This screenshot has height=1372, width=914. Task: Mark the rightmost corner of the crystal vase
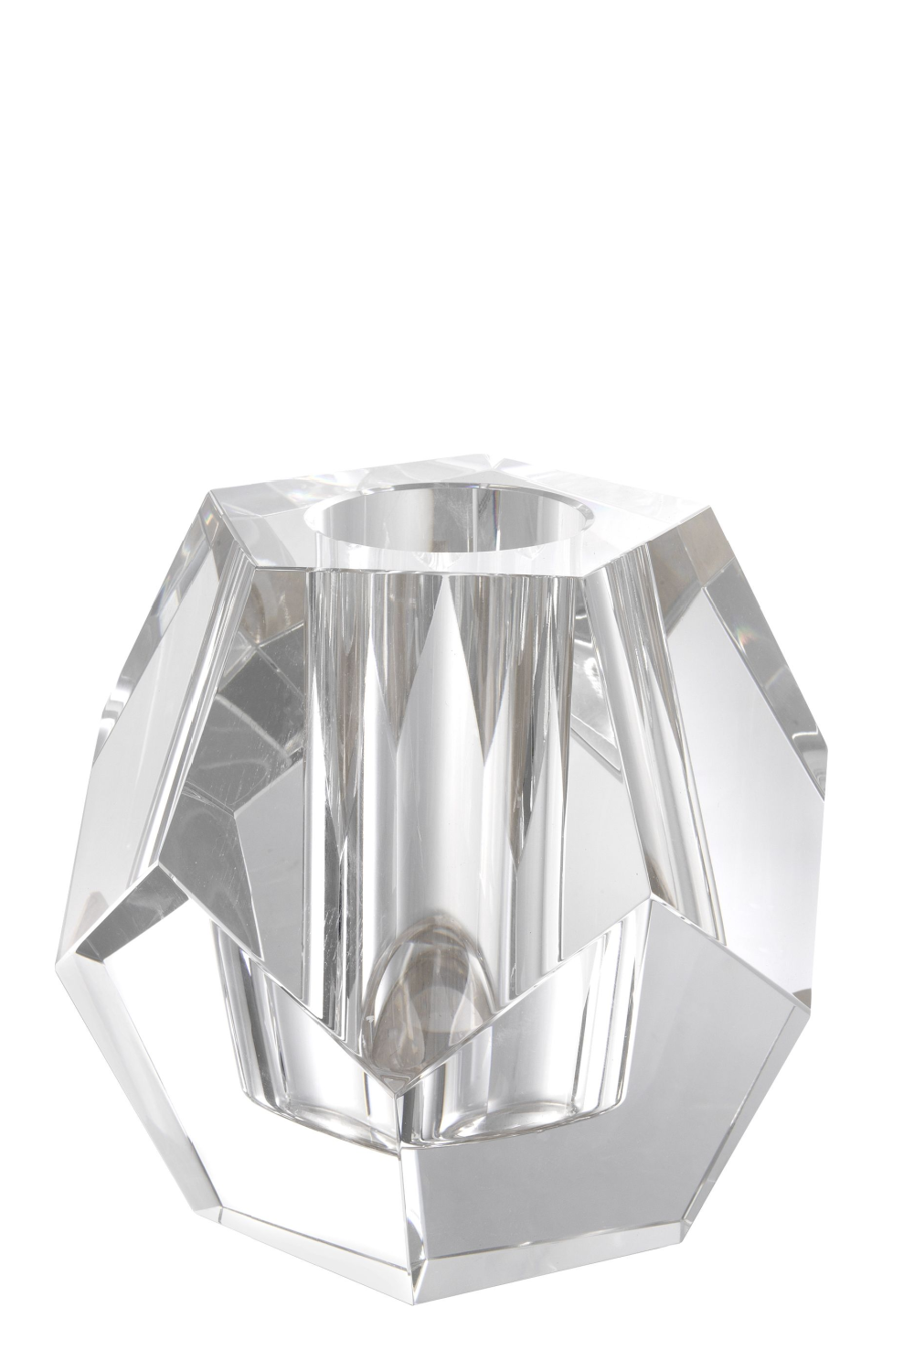click(x=827, y=759)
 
